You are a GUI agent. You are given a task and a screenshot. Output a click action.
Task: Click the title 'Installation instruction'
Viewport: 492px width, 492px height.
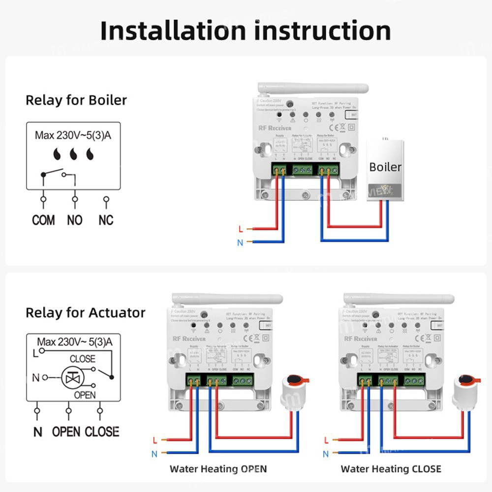(x=246, y=31)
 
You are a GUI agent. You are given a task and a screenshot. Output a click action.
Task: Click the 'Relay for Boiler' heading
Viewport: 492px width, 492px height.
(x=76, y=100)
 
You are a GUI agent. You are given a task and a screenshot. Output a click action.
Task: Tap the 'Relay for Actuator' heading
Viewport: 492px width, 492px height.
(x=86, y=313)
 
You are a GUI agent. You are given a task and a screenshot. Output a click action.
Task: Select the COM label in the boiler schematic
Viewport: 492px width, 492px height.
(x=43, y=220)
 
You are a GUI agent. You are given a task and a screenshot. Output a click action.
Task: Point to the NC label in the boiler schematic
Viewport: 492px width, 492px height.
(x=106, y=220)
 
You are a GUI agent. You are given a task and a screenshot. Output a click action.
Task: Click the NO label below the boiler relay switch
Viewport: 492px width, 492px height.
(x=75, y=220)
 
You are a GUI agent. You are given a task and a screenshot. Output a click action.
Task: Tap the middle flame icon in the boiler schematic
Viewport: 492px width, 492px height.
(x=73, y=154)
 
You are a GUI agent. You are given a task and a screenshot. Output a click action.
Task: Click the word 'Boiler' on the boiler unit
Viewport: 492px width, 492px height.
(x=385, y=167)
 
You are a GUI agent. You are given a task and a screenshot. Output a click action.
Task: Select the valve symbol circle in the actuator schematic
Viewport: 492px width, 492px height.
(x=73, y=377)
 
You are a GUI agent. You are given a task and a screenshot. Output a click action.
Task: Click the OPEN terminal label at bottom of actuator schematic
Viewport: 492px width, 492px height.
(x=66, y=432)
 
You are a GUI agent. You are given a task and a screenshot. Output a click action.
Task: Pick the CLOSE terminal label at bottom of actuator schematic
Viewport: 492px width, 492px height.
(x=102, y=432)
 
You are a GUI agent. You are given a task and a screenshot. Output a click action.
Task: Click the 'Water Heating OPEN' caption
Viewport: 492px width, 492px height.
(x=218, y=469)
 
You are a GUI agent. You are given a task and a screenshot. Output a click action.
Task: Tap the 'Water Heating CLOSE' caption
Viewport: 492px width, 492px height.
(x=391, y=469)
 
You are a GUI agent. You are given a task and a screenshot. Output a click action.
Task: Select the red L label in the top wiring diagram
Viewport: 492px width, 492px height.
(x=240, y=229)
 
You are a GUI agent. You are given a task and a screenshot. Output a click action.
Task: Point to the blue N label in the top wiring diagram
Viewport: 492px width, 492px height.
(x=240, y=242)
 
